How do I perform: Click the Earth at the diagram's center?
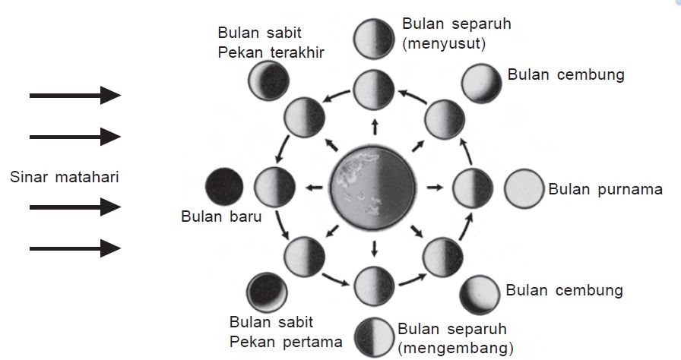coord(374,187)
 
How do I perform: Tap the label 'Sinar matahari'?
coord(66,178)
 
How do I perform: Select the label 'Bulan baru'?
coord(222,216)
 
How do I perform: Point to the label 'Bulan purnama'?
coord(605,189)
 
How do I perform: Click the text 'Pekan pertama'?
coord(286,341)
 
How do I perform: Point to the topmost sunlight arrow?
coord(75,95)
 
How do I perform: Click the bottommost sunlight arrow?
coord(75,248)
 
